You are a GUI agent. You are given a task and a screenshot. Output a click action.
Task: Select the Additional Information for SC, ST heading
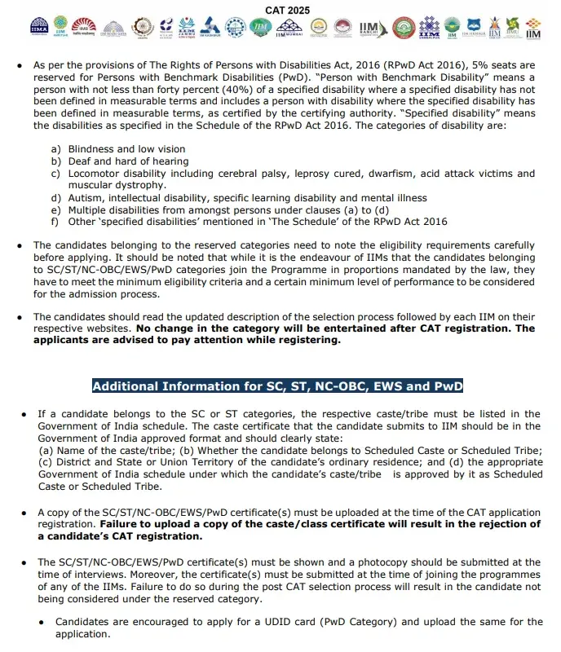pos(277,386)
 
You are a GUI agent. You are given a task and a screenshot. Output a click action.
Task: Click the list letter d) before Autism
pos(55,198)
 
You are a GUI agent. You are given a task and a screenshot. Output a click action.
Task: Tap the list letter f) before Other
pos(55,222)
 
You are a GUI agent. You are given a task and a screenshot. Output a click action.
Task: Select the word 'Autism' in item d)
pos(86,198)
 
